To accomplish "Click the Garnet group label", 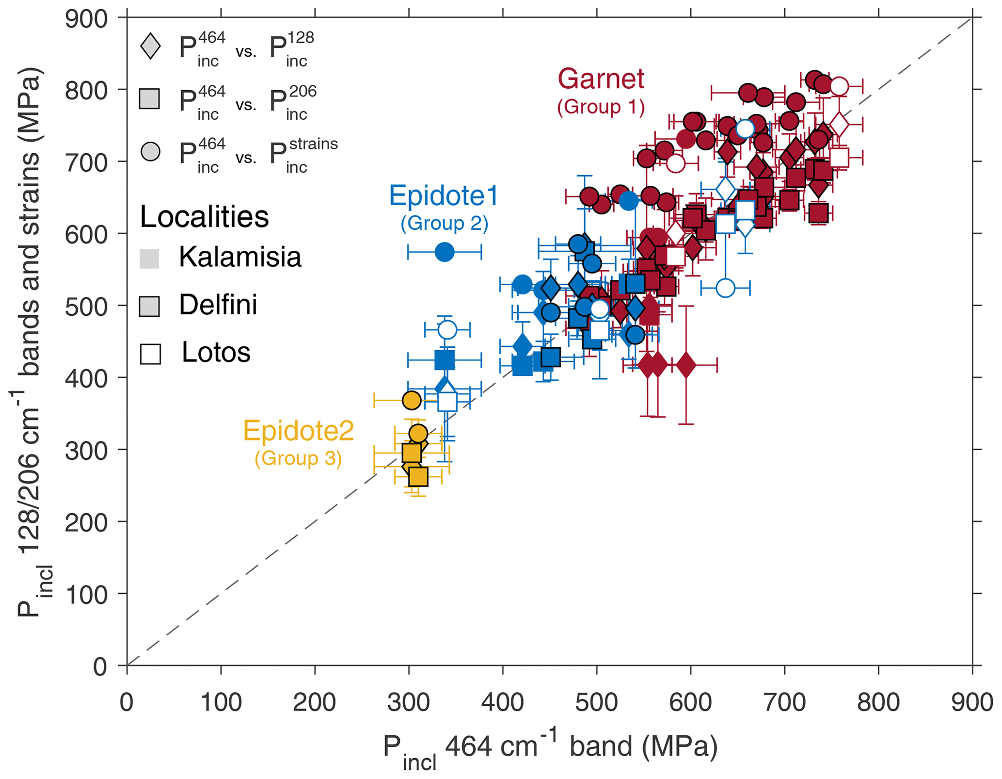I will coord(601,79).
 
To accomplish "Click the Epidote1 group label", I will coord(444,196).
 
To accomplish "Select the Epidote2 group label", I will coord(298,431).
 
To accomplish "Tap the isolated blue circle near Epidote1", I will coord(445,252).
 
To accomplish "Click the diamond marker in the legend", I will coord(150,47).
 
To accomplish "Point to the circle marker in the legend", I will coord(150,151).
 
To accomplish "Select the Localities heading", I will coord(204,217).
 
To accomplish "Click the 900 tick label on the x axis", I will coord(971,702).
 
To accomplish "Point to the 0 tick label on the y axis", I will coord(99,666).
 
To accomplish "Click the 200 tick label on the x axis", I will coord(314,702).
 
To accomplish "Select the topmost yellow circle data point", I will coord(412,401).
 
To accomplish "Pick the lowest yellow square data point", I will coord(418,476).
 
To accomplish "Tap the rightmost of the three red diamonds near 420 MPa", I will coord(686,365).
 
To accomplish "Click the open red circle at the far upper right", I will coord(839,87).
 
